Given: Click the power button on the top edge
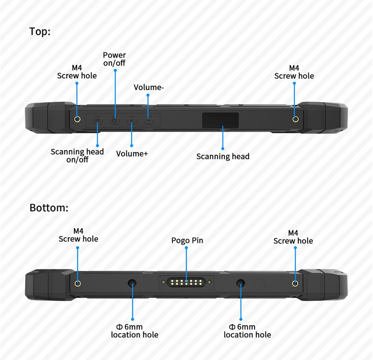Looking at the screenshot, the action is tap(115, 120).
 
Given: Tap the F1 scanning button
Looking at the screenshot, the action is tap(98, 120).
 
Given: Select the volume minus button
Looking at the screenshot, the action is tap(149, 120).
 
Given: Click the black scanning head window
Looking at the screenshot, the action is tap(220, 120).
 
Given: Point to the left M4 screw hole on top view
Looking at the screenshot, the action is tap(77, 119).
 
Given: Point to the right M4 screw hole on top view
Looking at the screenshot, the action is tap(295, 119).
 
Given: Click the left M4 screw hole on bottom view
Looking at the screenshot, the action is tap(78, 283).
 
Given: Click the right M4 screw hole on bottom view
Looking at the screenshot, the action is tap(295, 283).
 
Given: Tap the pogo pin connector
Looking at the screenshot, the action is tap(186, 282).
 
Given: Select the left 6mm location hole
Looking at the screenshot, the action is tap(132, 283).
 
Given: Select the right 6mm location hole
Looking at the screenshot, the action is tap(241, 283).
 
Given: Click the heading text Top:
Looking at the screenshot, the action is tap(40, 32).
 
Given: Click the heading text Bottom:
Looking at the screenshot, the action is tap(49, 208).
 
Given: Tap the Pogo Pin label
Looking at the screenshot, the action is tap(187, 241).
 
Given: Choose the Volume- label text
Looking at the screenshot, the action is tap(149, 87).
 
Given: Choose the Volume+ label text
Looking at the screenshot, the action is tap(132, 154).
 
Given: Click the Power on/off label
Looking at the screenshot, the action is tap(114, 59).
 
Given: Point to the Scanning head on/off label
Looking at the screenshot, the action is tap(77, 156).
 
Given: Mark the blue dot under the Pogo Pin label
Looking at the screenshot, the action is tap(186, 248).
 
